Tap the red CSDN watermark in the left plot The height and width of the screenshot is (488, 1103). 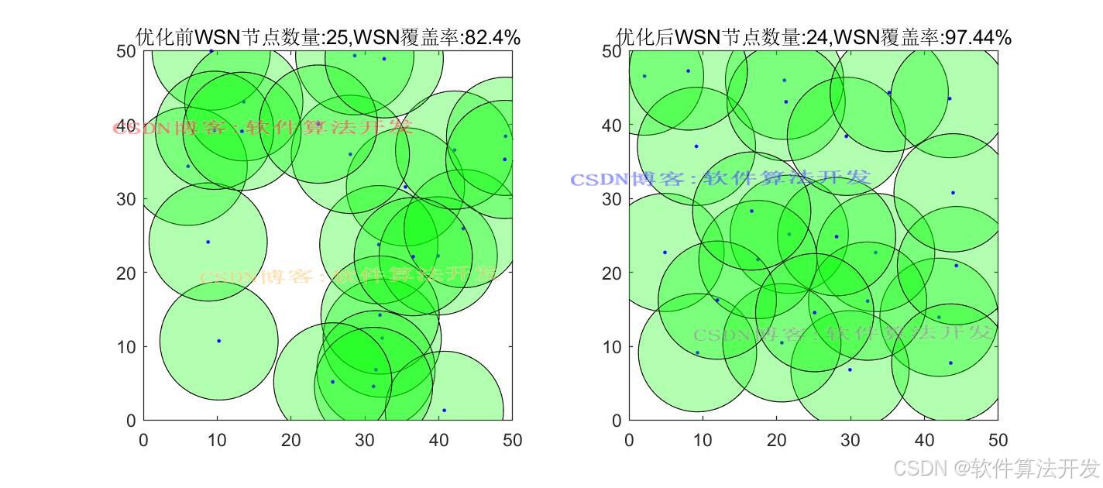(263, 127)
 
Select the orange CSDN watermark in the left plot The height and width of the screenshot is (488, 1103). (349, 276)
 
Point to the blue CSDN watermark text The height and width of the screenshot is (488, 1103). (720, 179)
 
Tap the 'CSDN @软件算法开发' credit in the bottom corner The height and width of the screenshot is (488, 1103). (996, 468)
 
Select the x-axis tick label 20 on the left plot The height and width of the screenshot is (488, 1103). (290, 441)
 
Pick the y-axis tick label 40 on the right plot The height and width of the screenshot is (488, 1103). (612, 125)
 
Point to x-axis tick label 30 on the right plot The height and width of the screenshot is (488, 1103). (850, 441)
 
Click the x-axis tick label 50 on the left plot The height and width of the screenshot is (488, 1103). (512, 441)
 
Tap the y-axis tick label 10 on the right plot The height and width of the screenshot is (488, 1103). (612, 347)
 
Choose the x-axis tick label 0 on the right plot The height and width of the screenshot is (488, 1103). (629, 441)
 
